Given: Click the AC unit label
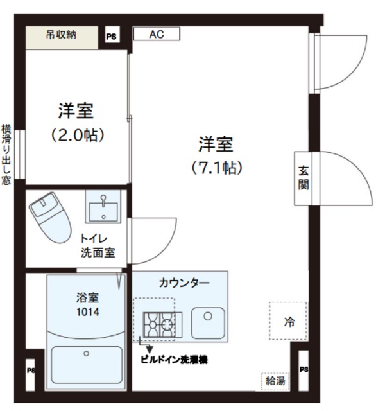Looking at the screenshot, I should [157, 35].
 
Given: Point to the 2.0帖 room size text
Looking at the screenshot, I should [77, 136].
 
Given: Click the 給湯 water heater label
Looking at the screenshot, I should [275, 381].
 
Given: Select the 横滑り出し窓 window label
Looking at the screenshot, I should [6, 154].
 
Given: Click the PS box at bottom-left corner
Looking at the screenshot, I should [30, 371].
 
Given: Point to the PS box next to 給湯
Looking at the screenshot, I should [304, 370].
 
